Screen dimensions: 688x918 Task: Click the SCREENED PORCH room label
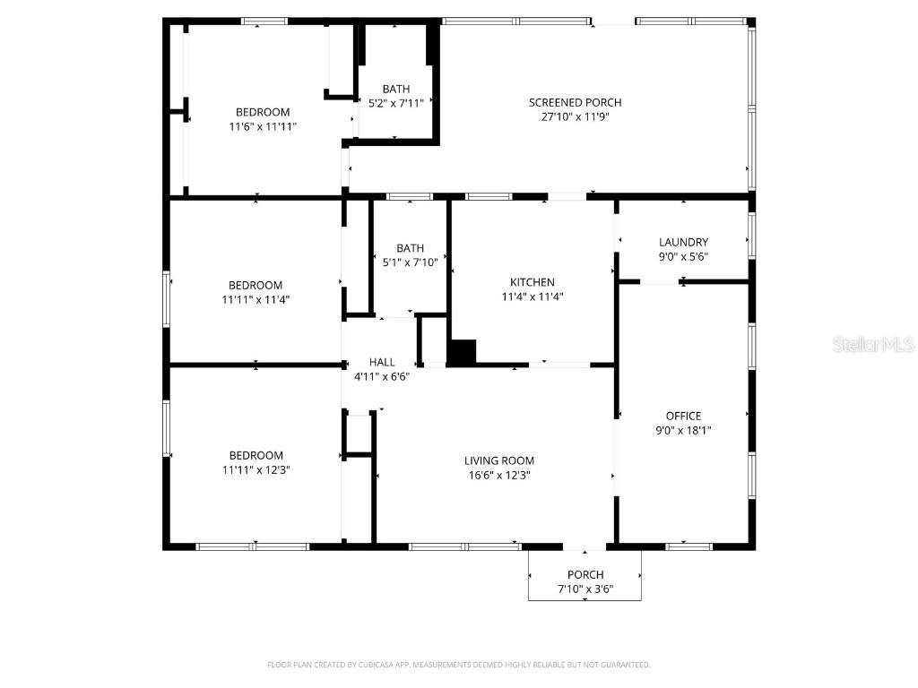point(575,102)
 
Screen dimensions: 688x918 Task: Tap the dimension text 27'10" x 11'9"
point(575,116)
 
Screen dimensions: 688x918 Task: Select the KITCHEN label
point(533,282)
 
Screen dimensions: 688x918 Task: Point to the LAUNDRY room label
point(683,242)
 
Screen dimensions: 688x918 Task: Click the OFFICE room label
point(683,416)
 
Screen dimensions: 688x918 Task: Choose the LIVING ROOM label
point(498,460)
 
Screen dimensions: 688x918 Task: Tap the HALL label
point(382,362)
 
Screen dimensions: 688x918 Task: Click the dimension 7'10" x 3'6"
point(585,589)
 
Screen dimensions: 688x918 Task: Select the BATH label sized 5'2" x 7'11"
point(396,89)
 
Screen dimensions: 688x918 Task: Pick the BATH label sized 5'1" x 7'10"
point(411,248)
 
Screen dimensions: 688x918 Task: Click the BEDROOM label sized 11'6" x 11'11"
point(263,112)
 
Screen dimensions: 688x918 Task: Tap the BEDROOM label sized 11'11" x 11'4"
point(255,285)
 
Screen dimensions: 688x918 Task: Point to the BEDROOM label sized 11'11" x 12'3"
point(255,455)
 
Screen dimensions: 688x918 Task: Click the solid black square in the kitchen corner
point(462,352)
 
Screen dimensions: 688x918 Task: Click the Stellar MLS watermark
point(872,344)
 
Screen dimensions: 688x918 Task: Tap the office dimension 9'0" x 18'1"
point(683,430)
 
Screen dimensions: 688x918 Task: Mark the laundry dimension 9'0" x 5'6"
point(683,256)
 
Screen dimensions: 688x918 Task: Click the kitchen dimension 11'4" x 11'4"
point(533,297)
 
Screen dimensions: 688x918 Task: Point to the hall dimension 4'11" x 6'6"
point(382,376)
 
